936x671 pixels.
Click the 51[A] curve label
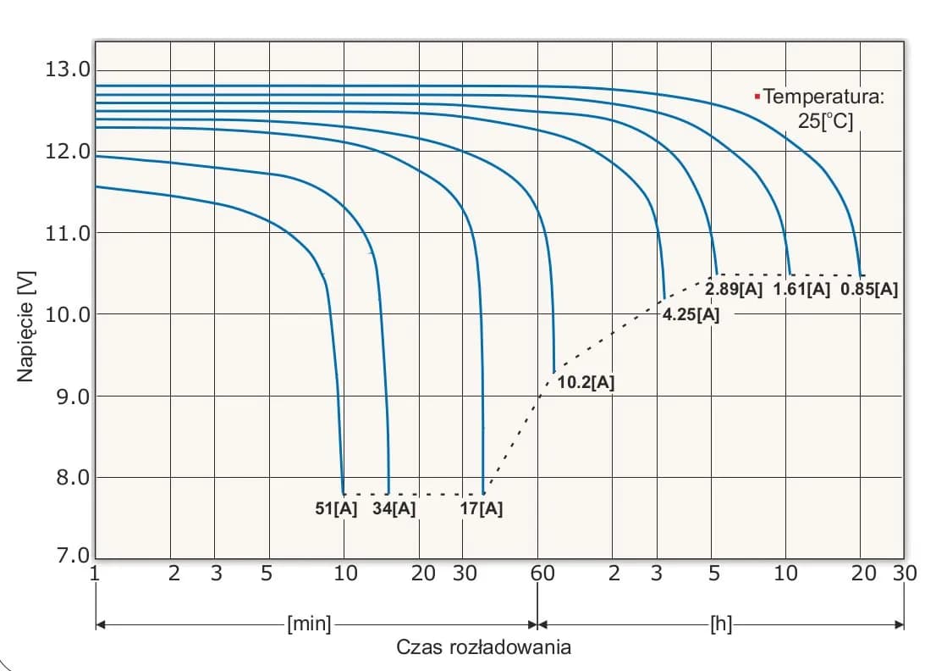pos(337,509)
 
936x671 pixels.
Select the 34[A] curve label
pos(394,509)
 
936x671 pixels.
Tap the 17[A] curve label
pos(482,509)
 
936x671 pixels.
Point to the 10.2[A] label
pos(586,382)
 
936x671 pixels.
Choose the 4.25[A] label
pos(691,315)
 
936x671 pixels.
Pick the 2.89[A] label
pos(734,290)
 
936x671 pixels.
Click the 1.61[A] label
pos(801,290)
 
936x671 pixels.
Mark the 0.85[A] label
pos(869,290)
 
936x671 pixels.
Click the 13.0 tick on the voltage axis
pos(67,69)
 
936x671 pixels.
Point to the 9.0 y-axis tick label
pos(67,396)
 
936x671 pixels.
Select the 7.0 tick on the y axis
pos(67,557)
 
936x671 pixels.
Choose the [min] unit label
pos(309,625)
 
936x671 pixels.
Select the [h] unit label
pos(721,625)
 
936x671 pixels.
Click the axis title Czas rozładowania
pos(483,648)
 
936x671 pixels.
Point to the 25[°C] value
pos(825,120)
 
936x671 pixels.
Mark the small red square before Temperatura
pos(757,96)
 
